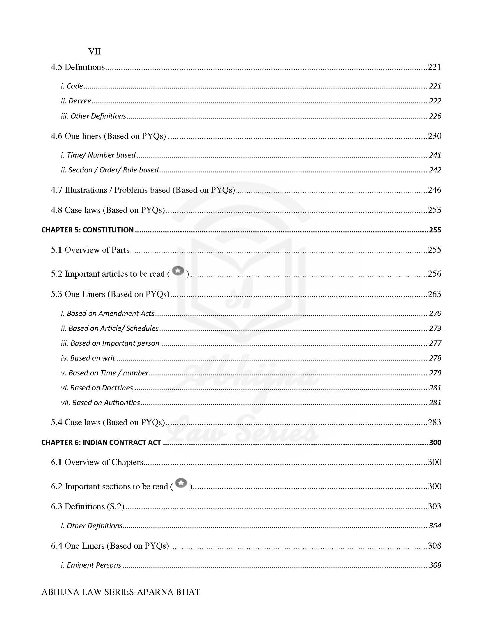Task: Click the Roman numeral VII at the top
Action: click(94, 52)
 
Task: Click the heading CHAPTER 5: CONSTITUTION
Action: click(88, 230)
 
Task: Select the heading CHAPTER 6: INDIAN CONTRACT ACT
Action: click(101, 442)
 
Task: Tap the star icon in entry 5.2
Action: click(178, 271)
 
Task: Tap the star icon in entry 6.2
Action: click(181, 483)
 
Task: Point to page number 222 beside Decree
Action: click(435, 101)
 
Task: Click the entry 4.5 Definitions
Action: click(78, 67)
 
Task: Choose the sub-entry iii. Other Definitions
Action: click(93, 116)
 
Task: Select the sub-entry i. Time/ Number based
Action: click(98, 155)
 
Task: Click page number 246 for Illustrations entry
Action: click(434, 190)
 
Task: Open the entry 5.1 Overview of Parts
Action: click(90, 250)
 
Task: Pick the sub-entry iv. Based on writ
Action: click(88, 358)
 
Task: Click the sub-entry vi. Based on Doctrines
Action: click(97, 388)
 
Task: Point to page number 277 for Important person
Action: click(435, 343)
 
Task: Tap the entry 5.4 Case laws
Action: click(108, 422)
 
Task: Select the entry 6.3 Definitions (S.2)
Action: click(88, 506)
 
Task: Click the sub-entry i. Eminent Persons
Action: click(91, 565)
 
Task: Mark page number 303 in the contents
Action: click(434, 506)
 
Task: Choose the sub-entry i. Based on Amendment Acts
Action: click(108, 313)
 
